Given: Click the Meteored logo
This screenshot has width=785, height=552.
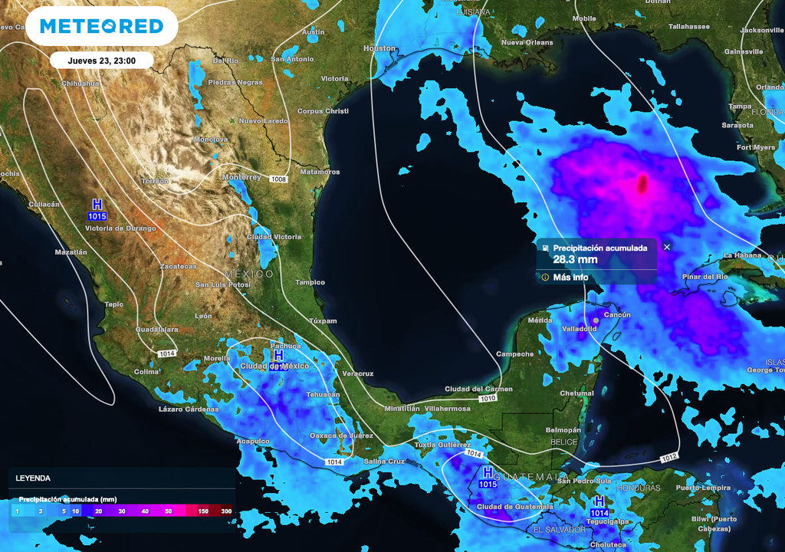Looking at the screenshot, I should (101, 26).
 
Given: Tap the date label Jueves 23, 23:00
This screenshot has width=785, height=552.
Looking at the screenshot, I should (102, 60).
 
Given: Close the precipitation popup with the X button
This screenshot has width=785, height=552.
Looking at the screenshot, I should (667, 247).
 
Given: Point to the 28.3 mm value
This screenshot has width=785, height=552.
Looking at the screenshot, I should (575, 260).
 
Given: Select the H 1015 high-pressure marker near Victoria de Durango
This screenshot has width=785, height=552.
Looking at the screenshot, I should (97, 209).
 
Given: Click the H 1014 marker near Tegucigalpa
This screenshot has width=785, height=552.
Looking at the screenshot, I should (599, 506).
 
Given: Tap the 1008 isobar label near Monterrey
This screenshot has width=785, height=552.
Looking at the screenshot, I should (278, 179).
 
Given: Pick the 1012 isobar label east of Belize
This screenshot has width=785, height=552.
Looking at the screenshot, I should (668, 458).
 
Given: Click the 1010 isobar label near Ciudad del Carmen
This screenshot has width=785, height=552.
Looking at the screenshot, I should (488, 399).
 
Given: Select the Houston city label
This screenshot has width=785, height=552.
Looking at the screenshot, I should (379, 48).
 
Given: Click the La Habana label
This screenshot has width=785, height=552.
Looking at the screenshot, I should (741, 255).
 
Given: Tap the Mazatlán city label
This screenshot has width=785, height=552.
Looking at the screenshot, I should (71, 251).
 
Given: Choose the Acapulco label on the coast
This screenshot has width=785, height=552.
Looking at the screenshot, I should (253, 441).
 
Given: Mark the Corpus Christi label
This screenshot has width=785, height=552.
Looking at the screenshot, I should (323, 111).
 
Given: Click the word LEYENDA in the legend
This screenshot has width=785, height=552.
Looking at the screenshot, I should (33, 478).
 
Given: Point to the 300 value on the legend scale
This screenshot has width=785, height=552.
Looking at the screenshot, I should (226, 511).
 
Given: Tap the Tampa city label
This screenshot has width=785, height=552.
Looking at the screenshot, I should (740, 107).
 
